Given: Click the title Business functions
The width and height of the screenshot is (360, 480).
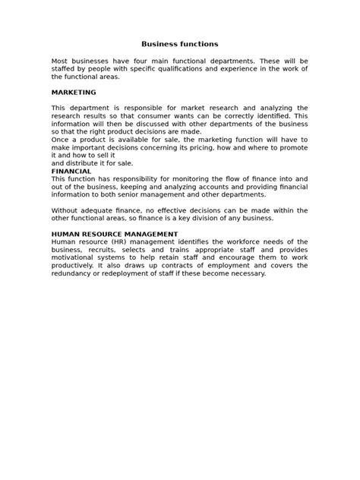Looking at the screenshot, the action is (x=180, y=44).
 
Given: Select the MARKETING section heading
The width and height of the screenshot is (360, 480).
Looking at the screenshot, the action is (x=74, y=92).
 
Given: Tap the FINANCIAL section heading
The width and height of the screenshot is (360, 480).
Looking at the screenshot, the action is (x=71, y=171).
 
